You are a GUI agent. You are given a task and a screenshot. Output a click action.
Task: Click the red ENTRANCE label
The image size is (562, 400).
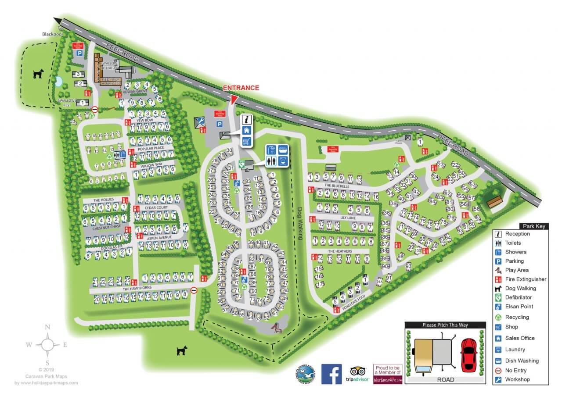click(241, 88)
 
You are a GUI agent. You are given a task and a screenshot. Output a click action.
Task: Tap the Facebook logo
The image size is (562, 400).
click(331, 374)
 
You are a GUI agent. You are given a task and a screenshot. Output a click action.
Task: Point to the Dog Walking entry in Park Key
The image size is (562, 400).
click(520, 288)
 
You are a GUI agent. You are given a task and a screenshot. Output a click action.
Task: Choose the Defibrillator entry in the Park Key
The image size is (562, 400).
click(519, 297)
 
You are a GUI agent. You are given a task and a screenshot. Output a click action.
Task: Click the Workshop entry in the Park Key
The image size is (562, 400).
click(517, 379)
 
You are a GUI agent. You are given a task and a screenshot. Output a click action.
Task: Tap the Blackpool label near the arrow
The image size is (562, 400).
click(52, 34)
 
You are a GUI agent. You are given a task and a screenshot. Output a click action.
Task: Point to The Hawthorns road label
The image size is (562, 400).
click(137, 288)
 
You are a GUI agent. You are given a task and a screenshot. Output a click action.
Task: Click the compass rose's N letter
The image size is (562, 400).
click(47, 327)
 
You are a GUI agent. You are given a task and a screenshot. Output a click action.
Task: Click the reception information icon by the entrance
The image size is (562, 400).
click(246, 119)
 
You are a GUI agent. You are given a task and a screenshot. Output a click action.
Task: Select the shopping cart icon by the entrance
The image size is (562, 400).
click(246, 141)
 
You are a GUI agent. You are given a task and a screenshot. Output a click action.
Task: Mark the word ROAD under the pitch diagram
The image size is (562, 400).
click(446, 379)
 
